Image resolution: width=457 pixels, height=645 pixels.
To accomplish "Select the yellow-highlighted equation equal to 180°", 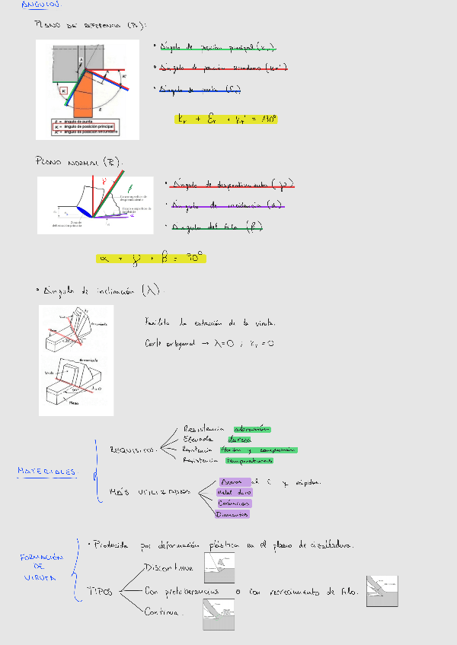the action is point(227,119).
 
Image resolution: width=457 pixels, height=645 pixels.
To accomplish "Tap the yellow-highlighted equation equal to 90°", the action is point(151,258).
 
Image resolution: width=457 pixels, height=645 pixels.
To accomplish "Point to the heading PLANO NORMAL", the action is point(78,162).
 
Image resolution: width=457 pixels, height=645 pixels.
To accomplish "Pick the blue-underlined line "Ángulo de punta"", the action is point(200,89).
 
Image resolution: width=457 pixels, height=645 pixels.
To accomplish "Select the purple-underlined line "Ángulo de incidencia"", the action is point(227,205).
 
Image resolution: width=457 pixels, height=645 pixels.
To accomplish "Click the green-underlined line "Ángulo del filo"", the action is point(216,226).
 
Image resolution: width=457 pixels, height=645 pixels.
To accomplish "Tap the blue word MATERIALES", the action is point(47,472).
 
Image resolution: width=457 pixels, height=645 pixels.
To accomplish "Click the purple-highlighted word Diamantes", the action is point(233,514).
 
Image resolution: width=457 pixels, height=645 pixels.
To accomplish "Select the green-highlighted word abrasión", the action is point(252,429).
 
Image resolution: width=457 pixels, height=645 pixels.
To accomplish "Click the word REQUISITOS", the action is point(133,450).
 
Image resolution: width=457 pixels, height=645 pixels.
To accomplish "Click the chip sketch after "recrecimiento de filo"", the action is point(382,591).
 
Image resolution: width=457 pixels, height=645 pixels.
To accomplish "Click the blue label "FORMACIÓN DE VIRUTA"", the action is point(40,567).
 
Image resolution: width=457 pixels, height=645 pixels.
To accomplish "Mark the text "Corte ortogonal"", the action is point(169,344).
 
